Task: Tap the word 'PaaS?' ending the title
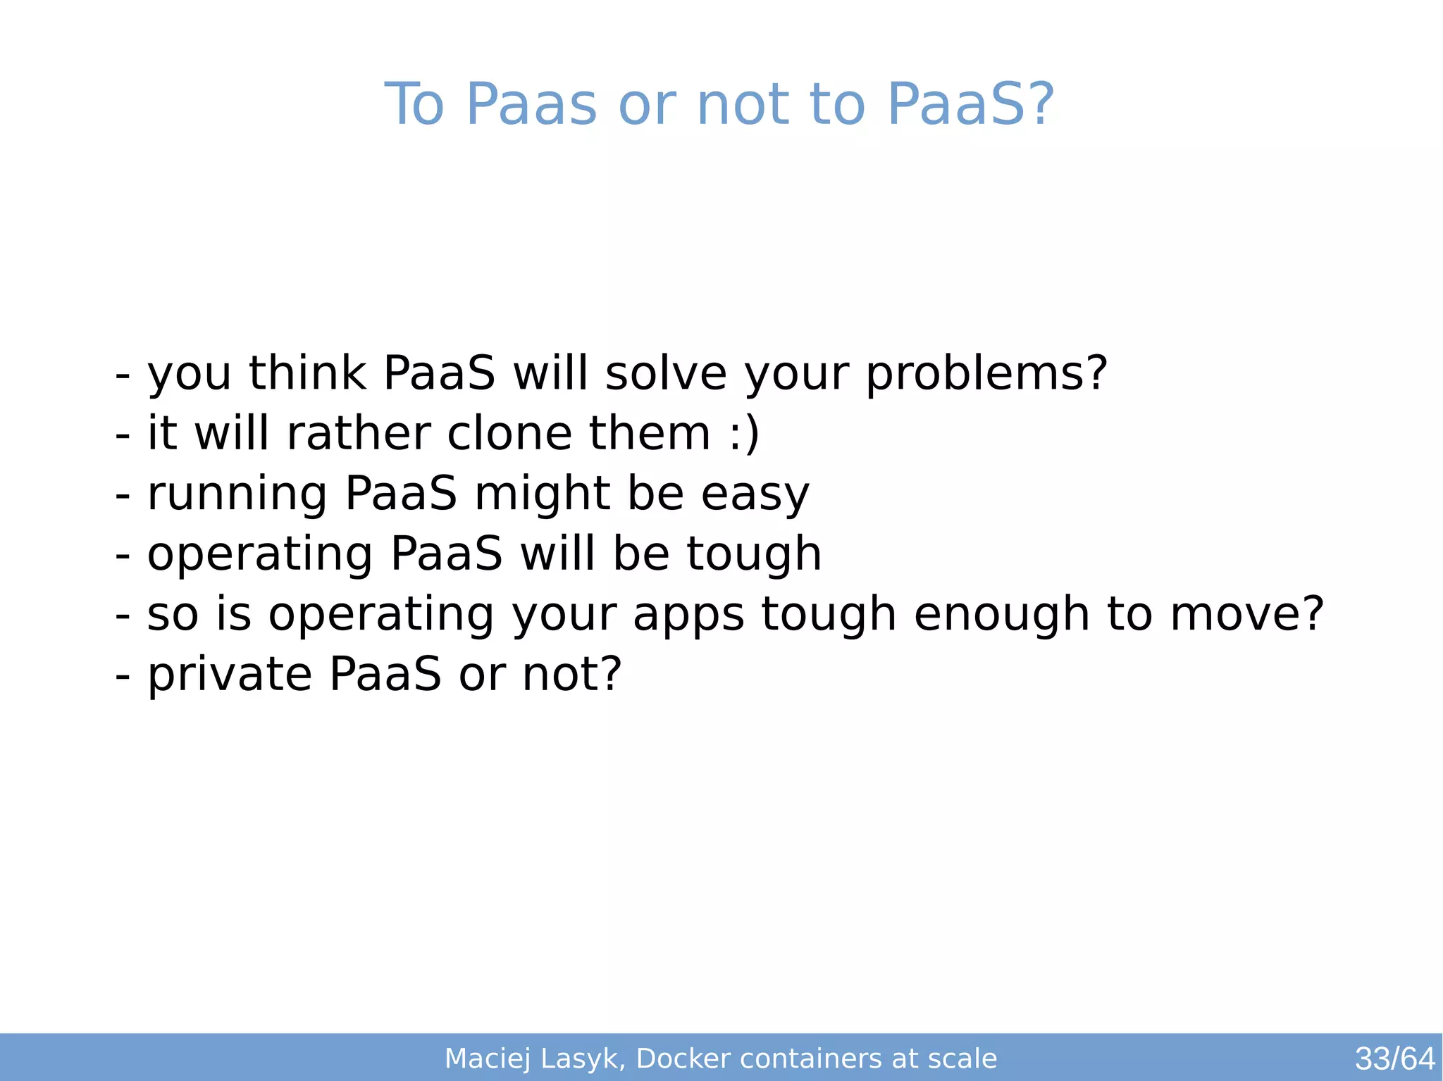point(970,105)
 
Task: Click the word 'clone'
point(509,433)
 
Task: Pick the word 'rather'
point(359,433)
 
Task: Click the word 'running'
point(237,494)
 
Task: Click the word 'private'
point(229,675)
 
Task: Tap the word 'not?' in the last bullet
point(571,675)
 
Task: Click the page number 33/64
point(1394,1058)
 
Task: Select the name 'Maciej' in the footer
point(487,1058)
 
